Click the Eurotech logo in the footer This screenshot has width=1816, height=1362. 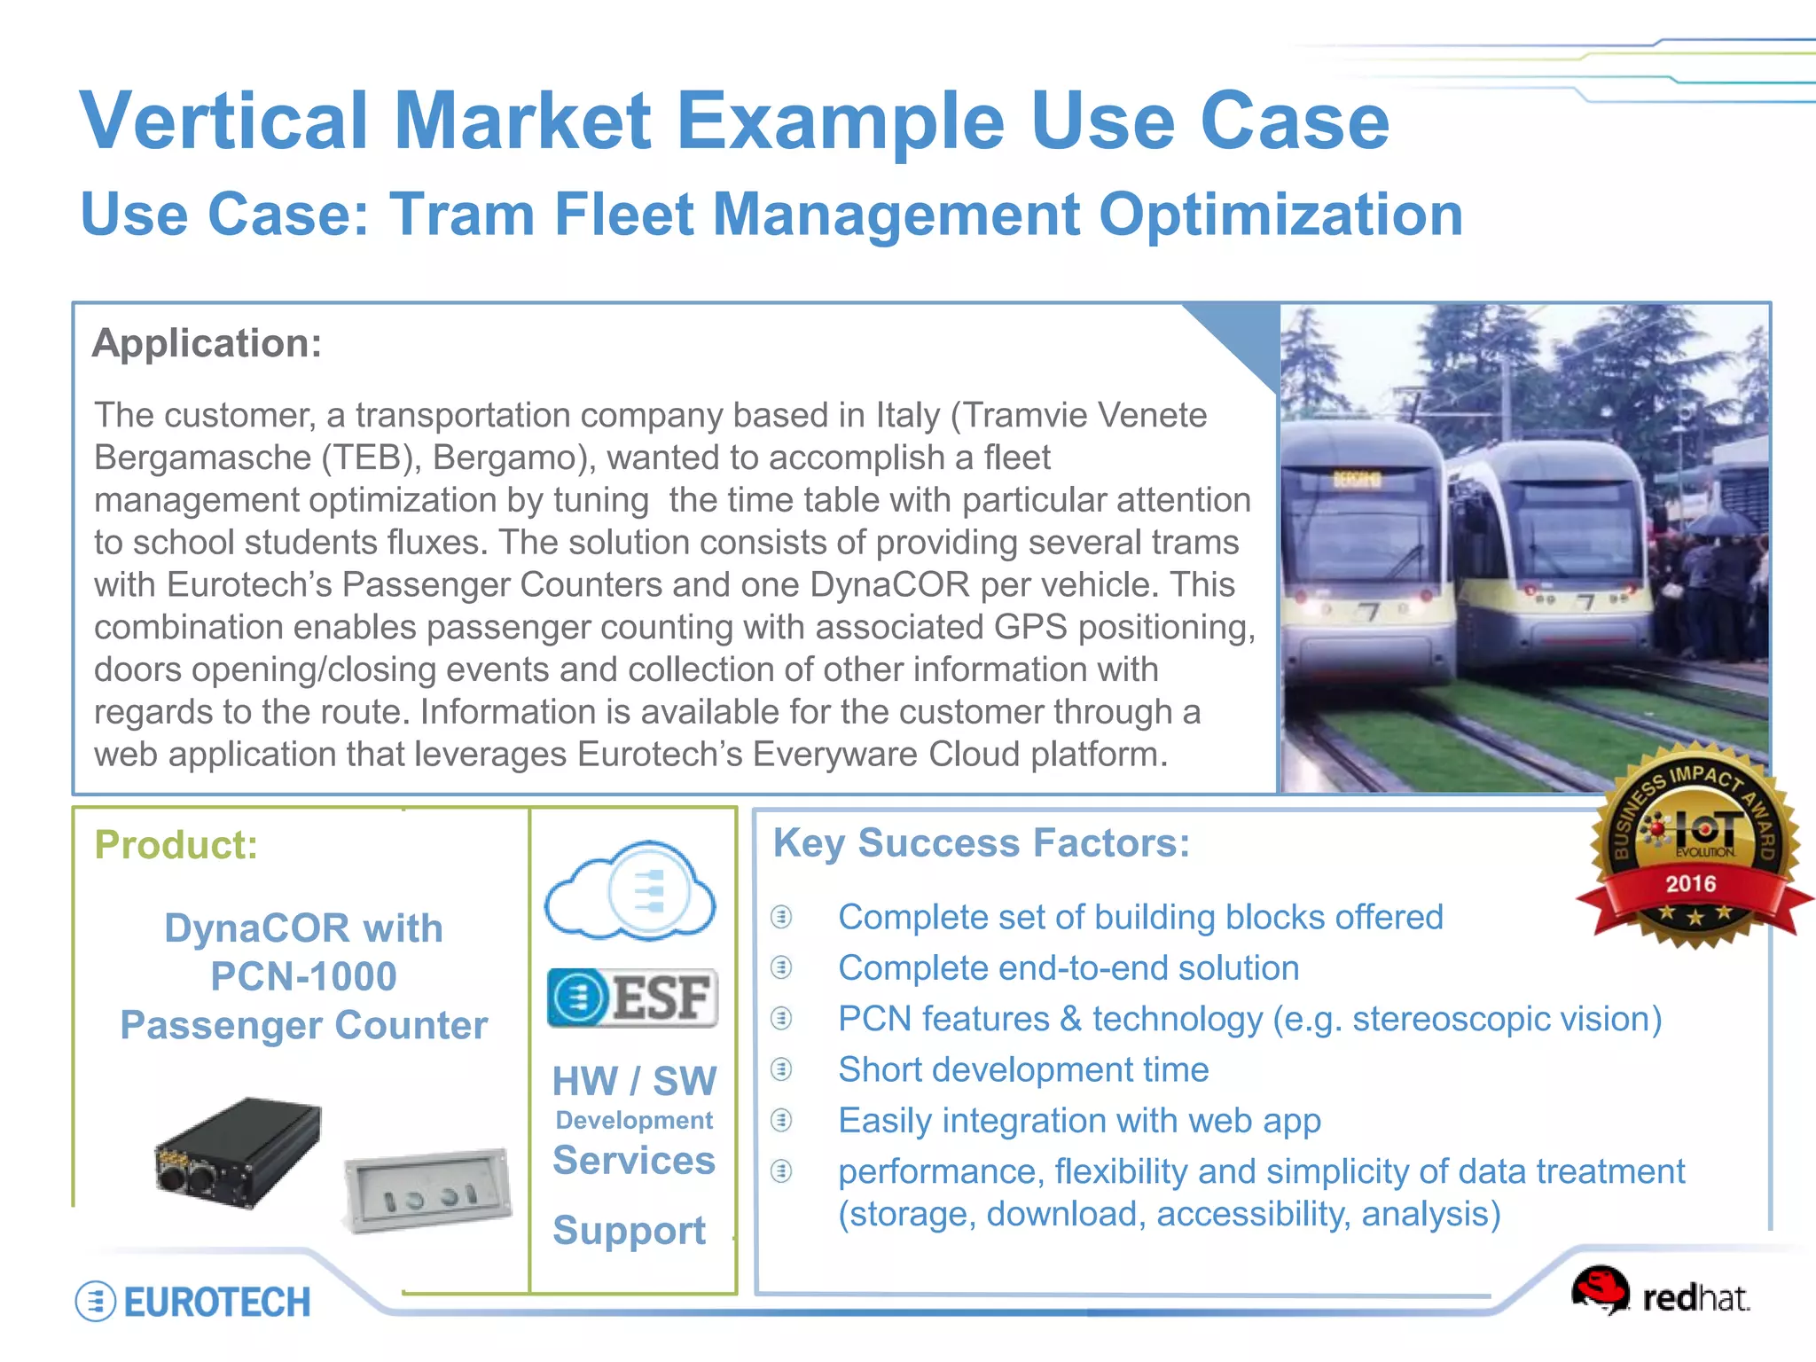click(193, 1301)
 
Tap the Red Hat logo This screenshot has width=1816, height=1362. click(1659, 1294)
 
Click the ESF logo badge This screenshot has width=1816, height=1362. click(632, 998)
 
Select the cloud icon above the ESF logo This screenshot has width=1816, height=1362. click(630, 890)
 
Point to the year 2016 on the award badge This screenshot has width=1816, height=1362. click(1690, 883)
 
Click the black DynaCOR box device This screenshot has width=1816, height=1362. click(238, 1152)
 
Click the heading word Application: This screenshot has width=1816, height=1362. click(207, 343)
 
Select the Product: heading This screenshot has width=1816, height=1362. click(176, 844)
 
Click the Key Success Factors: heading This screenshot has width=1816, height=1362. click(981, 842)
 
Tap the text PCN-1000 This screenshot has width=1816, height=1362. click(303, 976)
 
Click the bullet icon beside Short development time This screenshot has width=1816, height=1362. click(781, 1069)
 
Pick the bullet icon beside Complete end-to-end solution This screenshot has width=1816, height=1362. click(781, 967)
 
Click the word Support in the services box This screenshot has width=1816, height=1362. click(630, 1231)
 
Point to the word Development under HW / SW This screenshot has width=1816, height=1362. click(634, 1120)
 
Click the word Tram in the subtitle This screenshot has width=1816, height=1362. click(462, 215)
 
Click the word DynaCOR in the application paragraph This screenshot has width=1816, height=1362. click(890, 584)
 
